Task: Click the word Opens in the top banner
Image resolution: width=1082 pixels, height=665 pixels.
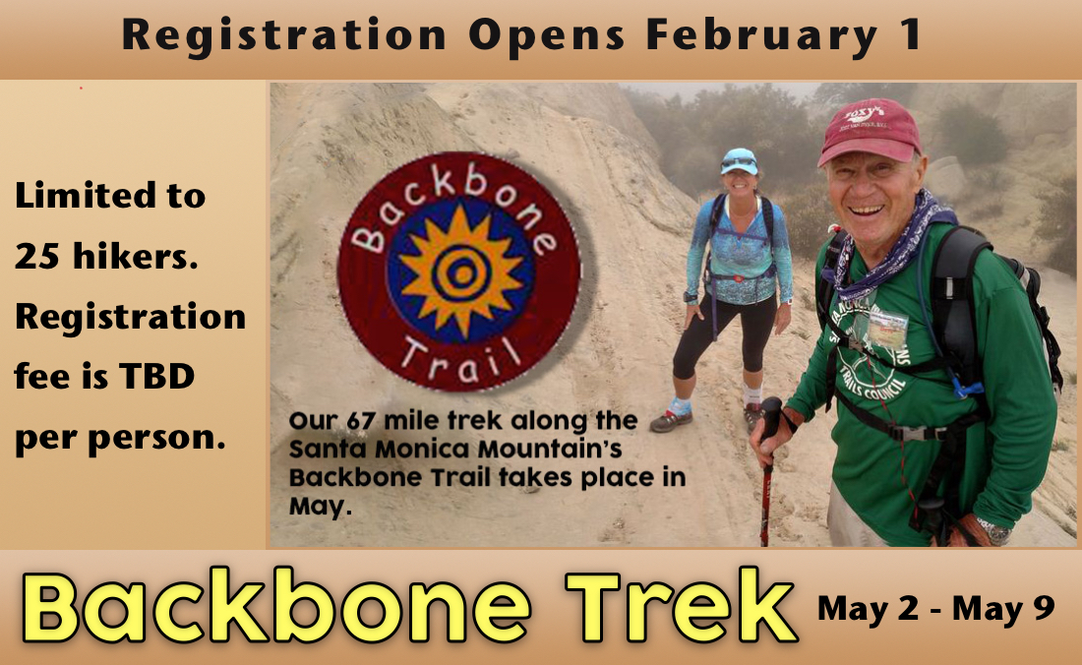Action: [x=546, y=36]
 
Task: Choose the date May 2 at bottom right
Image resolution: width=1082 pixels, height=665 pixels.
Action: [x=870, y=608]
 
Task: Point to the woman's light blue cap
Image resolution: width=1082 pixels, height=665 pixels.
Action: [x=739, y=159]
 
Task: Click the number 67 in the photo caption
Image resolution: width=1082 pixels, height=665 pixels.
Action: [x=361, y=422]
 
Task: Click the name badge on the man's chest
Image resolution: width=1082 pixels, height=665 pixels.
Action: [x=888, y=330]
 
